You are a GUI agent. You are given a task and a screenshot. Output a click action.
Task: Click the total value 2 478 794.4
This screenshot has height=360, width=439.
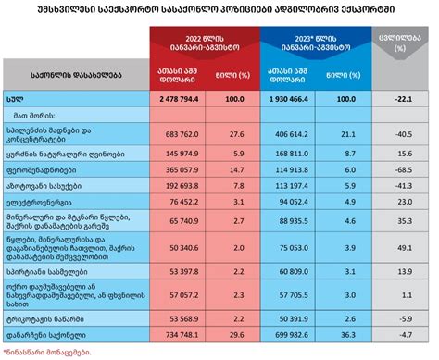pos(185,96)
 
